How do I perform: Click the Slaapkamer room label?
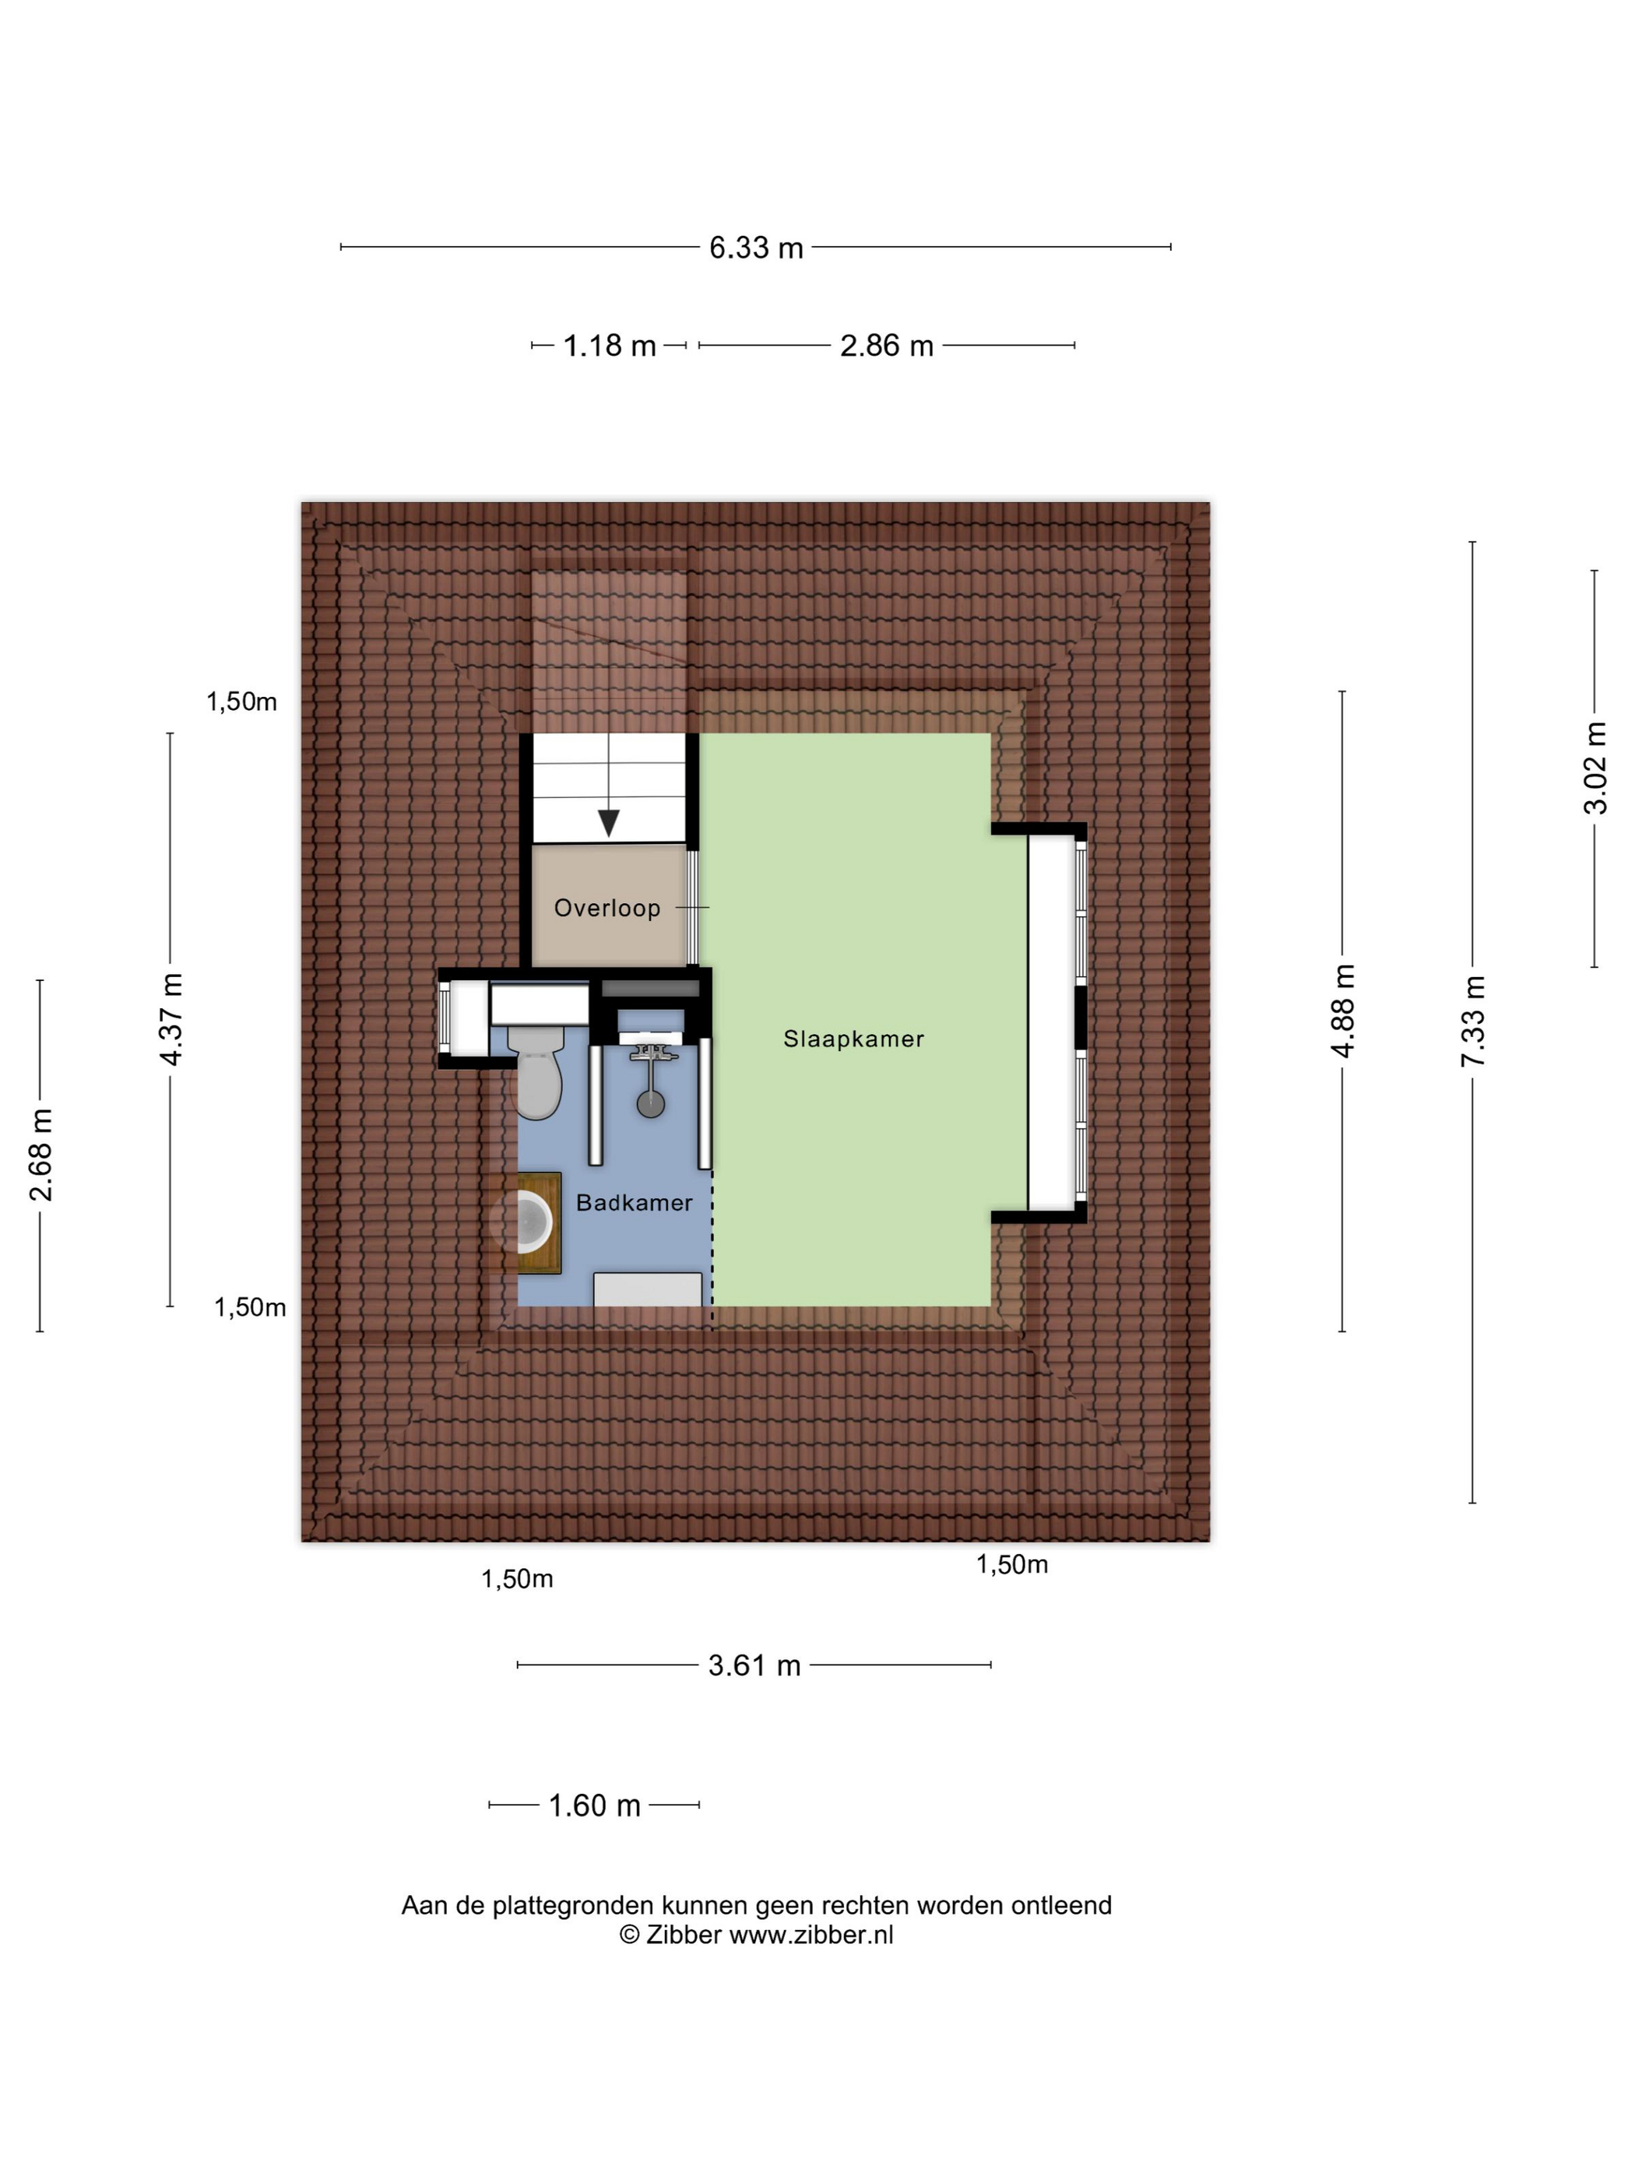coord(853,1039)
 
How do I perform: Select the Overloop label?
coord(607,908)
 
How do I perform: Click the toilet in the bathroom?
coord(537,1072)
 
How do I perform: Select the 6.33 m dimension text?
coord(756,248)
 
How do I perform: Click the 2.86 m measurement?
coord(886,346)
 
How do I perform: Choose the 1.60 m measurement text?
coord(594,1806)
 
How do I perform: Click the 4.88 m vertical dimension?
coord(1343,1011)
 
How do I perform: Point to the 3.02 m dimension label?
coord(1595,768)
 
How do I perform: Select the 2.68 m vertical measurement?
coord(40,1155)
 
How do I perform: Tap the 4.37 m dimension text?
coord(171,1019)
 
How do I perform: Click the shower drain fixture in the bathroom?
coord(650,1102)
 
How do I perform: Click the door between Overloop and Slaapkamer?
coord(693,907)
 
